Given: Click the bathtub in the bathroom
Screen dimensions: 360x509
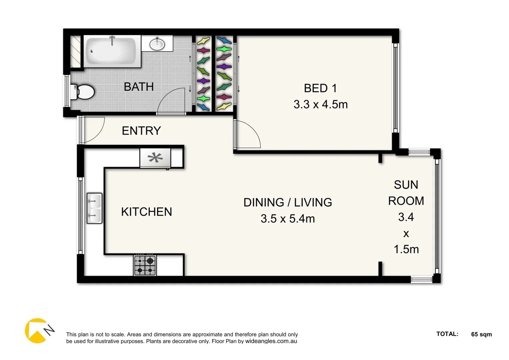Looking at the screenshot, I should point(111,51).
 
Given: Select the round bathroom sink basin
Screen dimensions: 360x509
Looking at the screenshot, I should point(157,44).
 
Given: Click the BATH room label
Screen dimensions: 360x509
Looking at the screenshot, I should point(139,87).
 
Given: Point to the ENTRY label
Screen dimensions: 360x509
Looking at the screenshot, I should point(141,131).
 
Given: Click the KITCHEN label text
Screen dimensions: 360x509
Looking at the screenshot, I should point(146,212).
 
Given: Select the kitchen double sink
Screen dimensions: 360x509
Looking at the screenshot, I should point(94,208).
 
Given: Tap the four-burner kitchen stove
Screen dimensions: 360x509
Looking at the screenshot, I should point(145,265).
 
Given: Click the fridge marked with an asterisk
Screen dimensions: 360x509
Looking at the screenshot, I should point(155,158).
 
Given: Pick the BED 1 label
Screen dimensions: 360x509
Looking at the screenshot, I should point(320,88).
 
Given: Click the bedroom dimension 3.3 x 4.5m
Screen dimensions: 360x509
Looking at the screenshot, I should point(320,105).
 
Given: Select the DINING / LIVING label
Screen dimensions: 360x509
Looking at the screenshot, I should point(288,202).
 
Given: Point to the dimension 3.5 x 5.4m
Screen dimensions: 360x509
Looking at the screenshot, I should point(288,219).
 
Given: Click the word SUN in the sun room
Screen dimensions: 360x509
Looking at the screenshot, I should point(406,185).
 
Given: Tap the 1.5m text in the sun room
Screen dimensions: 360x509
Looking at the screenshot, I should point(406,249).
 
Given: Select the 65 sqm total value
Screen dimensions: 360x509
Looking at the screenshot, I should point(481,334).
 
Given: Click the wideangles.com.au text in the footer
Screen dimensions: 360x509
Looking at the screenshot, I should point(271,341).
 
